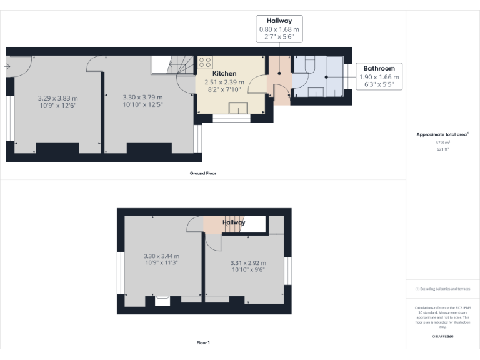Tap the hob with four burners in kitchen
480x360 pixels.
[x=205, y=62]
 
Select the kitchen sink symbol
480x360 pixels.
[x=237, y=107]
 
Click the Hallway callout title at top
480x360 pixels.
[x=279, y=21]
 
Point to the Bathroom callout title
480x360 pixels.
[x=379, y=68]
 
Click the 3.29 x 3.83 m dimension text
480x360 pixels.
[x=57, y=98]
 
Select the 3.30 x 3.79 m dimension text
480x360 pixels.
[x=142, y=97]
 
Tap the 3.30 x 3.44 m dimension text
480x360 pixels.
[x=161, y=256]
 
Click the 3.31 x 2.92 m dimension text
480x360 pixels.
[x=248, y=263]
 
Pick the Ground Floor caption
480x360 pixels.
[x=203, y=173]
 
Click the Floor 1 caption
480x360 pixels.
[x=203, y=342]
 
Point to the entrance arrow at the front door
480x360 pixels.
[x=6, y=66]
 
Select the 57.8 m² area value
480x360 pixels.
[x=442, y=143]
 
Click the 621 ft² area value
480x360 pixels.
[x=442, y=149]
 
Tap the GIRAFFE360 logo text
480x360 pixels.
[x=442, y=336]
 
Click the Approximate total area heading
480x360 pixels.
[x=442, y=134]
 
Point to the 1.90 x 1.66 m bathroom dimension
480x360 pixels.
[x=379, y=77]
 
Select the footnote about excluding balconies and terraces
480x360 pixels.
[x=442, y=289]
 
